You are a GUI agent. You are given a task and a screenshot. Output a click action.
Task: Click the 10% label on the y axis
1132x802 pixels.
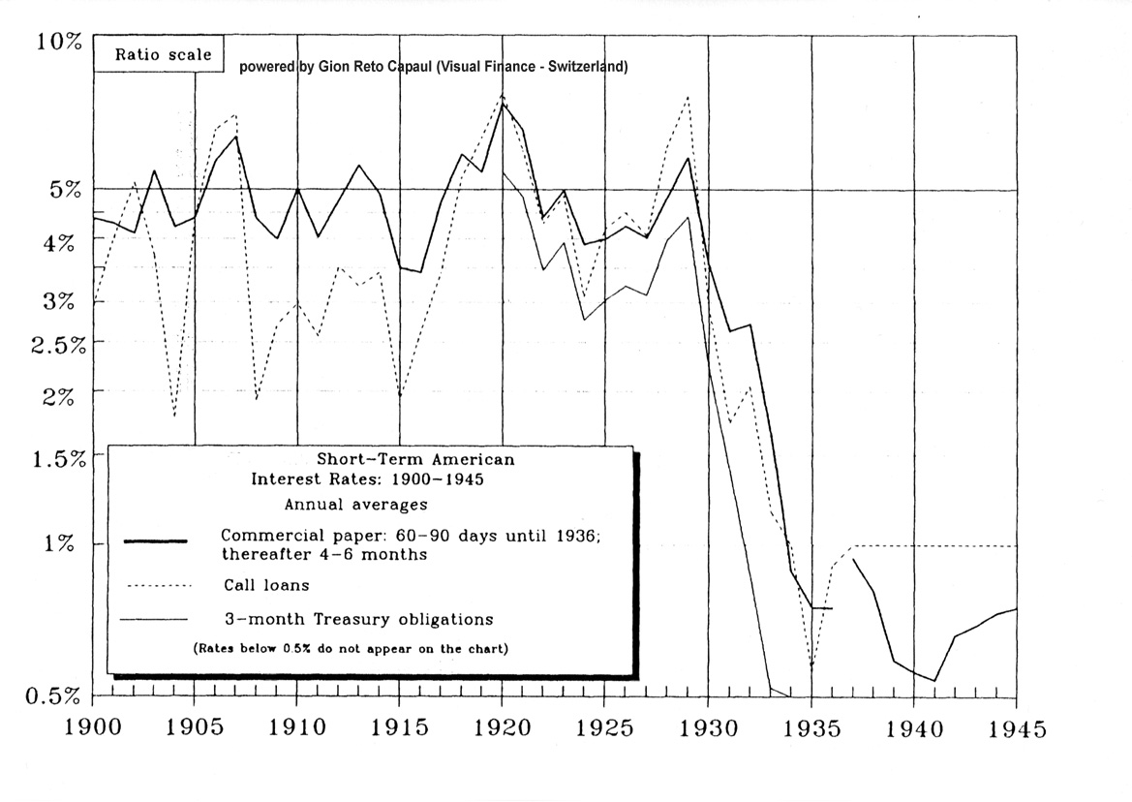(61, 42)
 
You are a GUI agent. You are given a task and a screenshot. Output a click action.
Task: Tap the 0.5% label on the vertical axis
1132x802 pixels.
(57, 694)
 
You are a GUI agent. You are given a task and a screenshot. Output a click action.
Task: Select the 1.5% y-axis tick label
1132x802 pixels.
(57, 458)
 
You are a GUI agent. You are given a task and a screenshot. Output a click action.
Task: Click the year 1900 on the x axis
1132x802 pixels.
(93, 728)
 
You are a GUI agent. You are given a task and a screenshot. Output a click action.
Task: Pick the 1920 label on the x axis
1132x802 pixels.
(503, 728)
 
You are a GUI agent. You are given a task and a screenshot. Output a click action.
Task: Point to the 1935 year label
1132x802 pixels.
(811, 728)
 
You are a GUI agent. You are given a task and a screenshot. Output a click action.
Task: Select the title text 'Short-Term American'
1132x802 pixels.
(415, 459)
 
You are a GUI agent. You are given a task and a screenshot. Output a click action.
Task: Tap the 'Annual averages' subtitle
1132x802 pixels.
(355, 504)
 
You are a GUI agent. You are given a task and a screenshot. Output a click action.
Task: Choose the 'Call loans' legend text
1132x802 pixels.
(266, 585)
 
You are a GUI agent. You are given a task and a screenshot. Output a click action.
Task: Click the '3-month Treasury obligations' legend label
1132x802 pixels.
(357, 619)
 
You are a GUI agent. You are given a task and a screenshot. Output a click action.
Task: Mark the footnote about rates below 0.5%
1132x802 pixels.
(350, 648)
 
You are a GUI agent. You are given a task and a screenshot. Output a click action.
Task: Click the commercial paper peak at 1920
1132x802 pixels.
(503, 104)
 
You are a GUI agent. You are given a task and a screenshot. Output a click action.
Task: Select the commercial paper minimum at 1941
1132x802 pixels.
(934, 681)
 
